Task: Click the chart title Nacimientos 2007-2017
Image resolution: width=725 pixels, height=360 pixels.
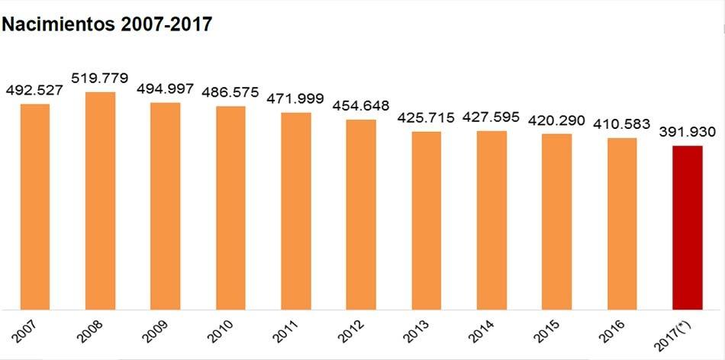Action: point(107,24)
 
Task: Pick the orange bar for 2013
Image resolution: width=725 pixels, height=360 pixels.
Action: point(427,220)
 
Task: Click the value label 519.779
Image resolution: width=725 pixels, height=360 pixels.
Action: point(100,78)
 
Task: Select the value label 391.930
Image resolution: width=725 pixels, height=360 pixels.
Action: point(687,132)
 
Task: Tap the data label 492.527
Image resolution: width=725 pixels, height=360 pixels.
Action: point(34,90)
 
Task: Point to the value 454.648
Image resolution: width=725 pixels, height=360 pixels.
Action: point(361,106)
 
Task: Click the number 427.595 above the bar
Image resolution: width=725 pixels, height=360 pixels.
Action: point(491,117)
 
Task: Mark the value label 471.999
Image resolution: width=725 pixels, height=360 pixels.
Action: point(295,99)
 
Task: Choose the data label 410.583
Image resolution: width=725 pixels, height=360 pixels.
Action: point(622,124)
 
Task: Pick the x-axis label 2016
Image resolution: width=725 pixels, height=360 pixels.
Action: point(612,331)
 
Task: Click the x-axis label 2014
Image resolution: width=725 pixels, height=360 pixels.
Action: point(482,331)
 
